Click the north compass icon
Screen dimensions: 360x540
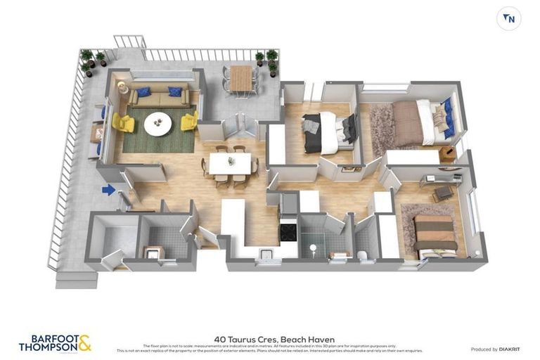point(508,19)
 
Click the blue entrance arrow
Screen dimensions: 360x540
point(108,189)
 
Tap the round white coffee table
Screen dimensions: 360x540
point(157,125)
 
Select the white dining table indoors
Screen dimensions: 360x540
point(230,163)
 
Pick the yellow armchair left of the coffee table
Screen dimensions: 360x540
point(123,123)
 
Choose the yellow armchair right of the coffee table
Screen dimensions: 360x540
point(189,122)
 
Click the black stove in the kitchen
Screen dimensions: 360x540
point(289,231)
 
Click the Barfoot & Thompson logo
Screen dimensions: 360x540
point(55,343)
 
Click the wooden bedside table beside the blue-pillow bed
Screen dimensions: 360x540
point(447,154)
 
